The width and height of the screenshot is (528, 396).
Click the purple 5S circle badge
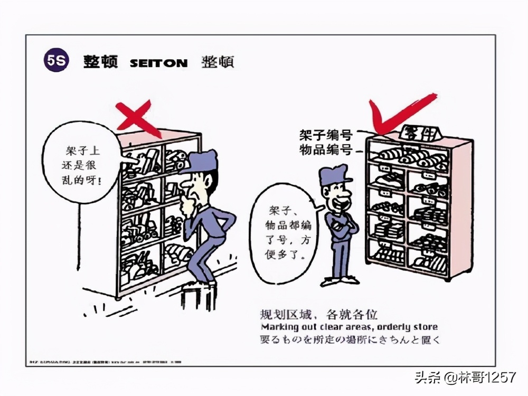pyautogui.click(x=55, y=61)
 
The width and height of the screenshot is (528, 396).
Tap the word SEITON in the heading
pyautogui.click(x=158, y=63)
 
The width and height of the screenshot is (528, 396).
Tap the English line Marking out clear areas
pyautogui.click(x=349, y=327)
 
